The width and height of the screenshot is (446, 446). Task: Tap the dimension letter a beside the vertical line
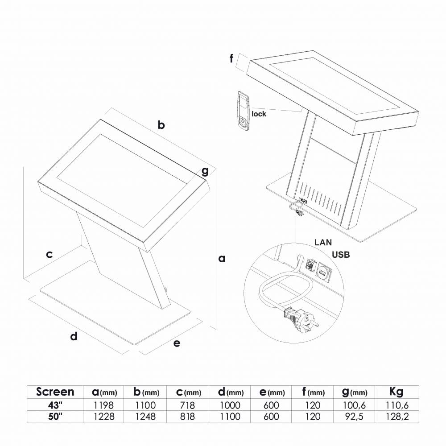(x=222, y=259)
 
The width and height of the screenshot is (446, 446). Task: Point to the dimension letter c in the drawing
(x=49, y=254)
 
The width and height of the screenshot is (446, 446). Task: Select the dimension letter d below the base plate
(x=74, y=336)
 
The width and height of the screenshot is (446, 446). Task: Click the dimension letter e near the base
(x=177, y=343)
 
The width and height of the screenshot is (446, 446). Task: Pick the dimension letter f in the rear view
(x=231, y=58)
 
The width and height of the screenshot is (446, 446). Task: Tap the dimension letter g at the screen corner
(x=205, y=171)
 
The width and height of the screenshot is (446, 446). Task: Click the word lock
(x=259, y=114)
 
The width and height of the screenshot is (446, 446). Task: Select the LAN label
(x=323, y=242)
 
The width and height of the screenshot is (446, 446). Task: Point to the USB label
(x=341, y=255)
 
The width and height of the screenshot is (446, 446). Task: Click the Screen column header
(x=55, y=392)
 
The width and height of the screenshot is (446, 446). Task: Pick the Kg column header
(x=396, y=392)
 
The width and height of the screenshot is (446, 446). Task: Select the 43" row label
(x=55, y=405)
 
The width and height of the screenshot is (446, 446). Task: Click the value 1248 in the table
(x=145, y=417)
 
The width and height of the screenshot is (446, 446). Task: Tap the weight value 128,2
(x=397, y=417)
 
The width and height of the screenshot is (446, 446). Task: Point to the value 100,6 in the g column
(x=355, y=405)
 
